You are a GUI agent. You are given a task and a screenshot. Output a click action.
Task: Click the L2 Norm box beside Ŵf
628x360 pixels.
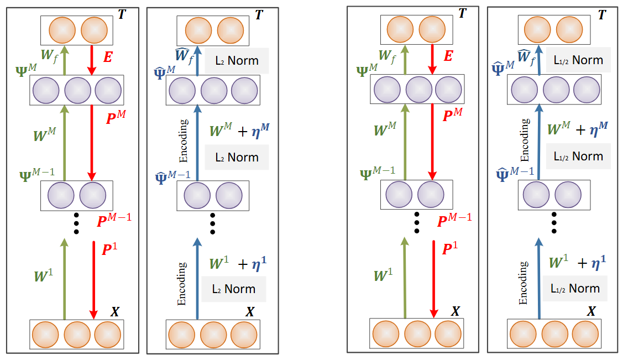point(236,60)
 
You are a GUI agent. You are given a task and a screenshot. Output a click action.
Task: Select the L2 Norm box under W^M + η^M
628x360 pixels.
point(236,158)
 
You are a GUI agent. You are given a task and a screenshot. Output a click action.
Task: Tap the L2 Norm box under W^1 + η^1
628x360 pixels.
point(233,289)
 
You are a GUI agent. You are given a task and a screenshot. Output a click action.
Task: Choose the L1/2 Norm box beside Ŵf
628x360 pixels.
point(578,60)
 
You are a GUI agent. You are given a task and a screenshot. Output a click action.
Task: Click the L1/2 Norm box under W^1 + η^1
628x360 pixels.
point(575,288)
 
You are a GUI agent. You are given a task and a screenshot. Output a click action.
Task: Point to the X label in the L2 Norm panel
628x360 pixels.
point(250,312)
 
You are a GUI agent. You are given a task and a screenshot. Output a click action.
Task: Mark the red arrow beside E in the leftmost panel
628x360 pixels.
point(92,61)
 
